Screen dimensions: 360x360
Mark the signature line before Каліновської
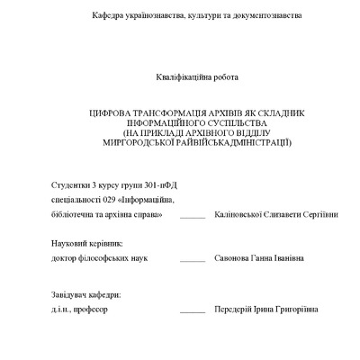tap(192, 218)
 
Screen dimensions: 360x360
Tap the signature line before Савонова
tap(192, 261)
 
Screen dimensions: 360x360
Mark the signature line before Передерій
tap(192, 311)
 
